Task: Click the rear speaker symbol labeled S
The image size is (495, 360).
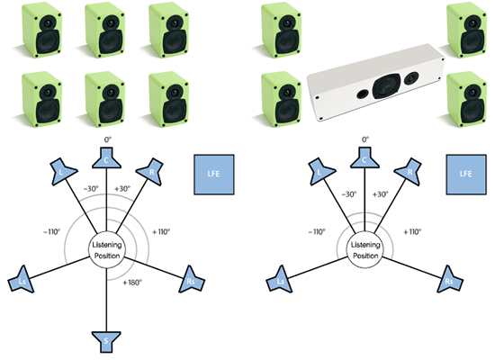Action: [x=106, y=342]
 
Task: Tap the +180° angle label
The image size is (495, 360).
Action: [x=132, y=283]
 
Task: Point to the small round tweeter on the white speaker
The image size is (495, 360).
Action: [x=411, y=77]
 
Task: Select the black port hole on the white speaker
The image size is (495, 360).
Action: [x=363, y=94]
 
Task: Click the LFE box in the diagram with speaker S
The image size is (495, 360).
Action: [x=214, y=175]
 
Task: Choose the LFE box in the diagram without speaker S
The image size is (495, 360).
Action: [x=466, y=175]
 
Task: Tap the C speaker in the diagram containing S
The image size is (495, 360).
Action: [x=106, y=157]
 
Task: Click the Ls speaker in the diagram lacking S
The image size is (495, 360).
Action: [x=280, y=280]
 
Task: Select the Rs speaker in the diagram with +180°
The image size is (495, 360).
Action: [x=192, y=280]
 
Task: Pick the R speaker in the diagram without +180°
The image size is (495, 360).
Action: [x=409, y=172]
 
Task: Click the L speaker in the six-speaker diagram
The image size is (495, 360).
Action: [x=63, y=172]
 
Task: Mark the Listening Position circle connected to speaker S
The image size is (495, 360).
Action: [x=107, y=250]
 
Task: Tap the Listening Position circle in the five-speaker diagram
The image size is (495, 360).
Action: [x=365, y=250]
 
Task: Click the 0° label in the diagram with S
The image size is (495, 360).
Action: [x=108, y=139]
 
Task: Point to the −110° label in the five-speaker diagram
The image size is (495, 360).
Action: [x=317, y=232]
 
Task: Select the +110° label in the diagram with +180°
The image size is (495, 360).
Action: [x=161, y=232]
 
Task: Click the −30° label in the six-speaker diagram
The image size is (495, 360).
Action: [x=91, y=189]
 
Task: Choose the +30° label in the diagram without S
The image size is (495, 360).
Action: [x=380, y=194]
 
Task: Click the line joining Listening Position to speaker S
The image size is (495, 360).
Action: [x=106, y=301]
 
